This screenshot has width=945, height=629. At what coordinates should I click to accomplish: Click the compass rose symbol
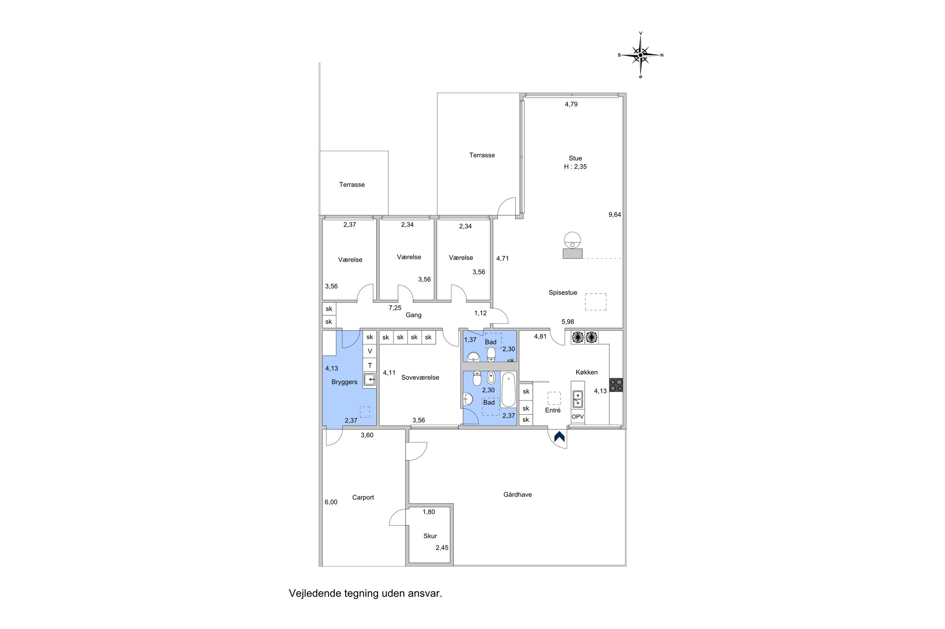tap(640, 55)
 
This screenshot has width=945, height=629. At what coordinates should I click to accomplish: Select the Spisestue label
tap(563, 293)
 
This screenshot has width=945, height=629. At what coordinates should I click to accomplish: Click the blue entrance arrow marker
tap(559, 436)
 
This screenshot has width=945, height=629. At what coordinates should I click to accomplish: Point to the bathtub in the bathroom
tap(508, 389)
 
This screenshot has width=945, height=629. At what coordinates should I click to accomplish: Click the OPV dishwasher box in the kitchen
tap(578, 417)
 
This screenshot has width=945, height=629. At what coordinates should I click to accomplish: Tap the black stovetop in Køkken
tap(616, 385)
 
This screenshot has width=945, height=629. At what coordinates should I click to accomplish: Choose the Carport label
tap(363, 497)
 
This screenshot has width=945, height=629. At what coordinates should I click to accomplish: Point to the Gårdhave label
tap(517, 495)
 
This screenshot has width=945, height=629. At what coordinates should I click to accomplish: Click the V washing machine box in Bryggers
tap(370, 351)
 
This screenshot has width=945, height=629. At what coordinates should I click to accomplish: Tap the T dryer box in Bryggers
tap(370, 365)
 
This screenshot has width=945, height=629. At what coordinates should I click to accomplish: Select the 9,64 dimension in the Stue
tap(615, 215)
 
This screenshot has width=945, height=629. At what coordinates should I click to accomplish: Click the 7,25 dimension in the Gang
tap(395, 308)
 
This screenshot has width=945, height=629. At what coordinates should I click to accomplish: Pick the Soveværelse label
tap(420, 377)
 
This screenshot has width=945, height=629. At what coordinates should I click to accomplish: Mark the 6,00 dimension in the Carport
tap(331, 502)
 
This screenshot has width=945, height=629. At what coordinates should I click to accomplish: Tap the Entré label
tap(552, 411)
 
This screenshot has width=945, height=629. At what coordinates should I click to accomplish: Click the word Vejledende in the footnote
tap(315, 593)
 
